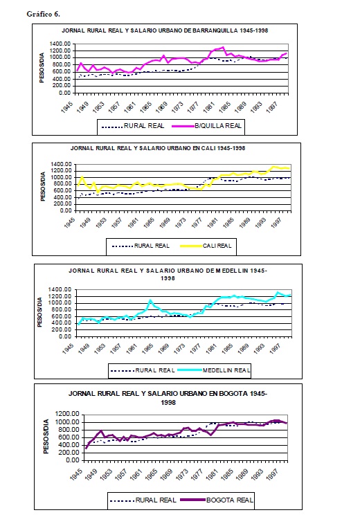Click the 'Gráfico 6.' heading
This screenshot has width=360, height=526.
click(x=44, y=14)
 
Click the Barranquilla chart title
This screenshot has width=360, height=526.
click(x=165, y=30)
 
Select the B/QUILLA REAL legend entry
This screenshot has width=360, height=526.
click(x=207, y=126)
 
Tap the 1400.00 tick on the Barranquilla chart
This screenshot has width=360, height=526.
click(x=60, y=44)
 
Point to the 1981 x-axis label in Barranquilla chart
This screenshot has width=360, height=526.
click(x=208, y=107)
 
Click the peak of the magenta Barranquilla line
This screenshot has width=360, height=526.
click(x=223, y=47)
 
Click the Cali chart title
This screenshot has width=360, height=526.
click(x=158, y=148)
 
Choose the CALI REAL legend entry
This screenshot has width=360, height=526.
click(x=206, y=246)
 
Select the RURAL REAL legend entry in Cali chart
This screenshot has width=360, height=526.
click(x=141, y=246)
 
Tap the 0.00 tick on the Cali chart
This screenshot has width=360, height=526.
click(x=66, y=210)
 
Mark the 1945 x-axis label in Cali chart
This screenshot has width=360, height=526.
click(x=70, y=223)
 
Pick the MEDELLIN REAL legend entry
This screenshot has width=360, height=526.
click(x=214, y=370)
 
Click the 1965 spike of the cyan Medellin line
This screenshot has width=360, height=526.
click(x=150, y=300)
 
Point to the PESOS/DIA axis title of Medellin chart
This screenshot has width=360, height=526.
click(x=40, y=312)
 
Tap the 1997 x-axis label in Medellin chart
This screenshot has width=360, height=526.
click(x=275, y=349)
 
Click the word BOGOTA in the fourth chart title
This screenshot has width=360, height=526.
click(x=233, y=394)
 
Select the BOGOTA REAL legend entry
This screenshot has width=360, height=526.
click(x=217, y=500)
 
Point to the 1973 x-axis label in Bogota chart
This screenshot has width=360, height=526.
click(x=182, y=474)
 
